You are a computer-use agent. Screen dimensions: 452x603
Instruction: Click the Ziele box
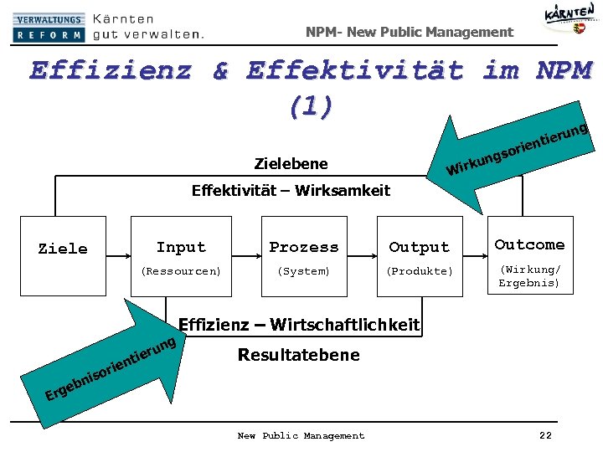64,255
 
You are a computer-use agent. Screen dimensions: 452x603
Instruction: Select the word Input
181,247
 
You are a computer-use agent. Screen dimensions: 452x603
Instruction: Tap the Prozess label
304,247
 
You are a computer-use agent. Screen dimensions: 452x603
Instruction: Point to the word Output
419,247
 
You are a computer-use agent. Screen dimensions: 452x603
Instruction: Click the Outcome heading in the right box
529,244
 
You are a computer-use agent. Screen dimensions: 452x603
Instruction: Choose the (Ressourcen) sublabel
181,271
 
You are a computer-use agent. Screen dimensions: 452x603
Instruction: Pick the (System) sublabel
304,271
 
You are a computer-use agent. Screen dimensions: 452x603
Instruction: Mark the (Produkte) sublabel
419,271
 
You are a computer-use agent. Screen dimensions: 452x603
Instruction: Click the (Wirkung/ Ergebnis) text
529,276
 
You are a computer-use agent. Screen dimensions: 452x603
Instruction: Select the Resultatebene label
298,355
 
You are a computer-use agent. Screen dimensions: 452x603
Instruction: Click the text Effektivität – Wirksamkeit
291,190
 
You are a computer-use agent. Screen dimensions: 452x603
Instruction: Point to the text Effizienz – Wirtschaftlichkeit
299,325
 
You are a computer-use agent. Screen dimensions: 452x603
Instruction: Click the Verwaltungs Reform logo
49,28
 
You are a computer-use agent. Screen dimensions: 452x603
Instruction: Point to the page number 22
545,435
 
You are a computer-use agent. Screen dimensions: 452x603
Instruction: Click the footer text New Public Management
301,435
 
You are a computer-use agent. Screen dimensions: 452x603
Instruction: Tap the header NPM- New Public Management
409,32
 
